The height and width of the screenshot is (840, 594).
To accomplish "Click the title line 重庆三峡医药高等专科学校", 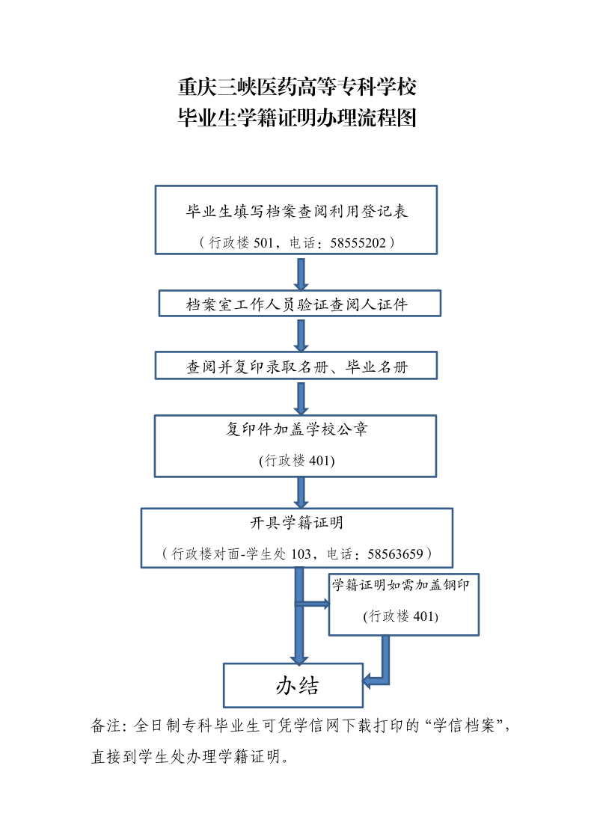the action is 297,87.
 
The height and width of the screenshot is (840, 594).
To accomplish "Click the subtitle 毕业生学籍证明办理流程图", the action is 297,118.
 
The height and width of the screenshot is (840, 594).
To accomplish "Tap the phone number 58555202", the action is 358,242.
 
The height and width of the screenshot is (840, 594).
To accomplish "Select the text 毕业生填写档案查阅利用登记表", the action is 297,211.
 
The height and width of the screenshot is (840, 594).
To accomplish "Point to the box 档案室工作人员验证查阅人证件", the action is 299,303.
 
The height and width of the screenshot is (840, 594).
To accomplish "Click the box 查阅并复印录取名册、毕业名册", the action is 296,365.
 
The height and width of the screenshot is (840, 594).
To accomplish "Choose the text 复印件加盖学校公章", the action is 297,429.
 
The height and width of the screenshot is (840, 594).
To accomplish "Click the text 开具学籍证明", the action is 297,522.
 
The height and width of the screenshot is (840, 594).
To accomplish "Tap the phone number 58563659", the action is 395,554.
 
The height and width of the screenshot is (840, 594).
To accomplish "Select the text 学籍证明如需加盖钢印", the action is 401,584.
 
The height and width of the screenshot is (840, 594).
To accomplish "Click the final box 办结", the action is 293,685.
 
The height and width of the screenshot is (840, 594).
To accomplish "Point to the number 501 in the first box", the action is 263,242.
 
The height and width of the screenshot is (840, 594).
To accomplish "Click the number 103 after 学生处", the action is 301,554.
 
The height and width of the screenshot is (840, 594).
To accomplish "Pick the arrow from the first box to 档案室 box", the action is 301,275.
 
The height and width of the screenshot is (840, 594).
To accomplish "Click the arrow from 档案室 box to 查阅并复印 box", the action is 301,336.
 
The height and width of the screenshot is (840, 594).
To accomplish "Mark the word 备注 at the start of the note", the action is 105,726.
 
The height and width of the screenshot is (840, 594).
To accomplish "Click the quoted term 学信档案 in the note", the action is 464,726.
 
